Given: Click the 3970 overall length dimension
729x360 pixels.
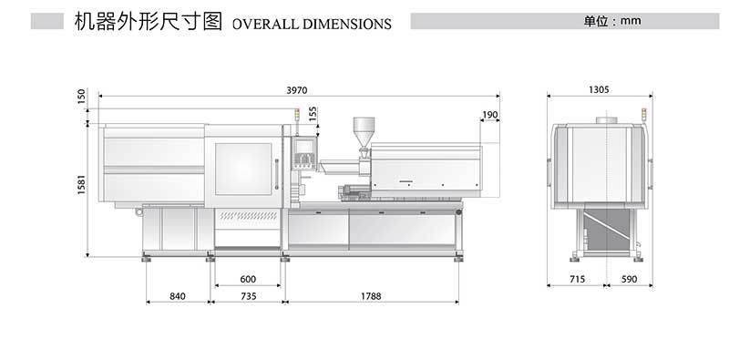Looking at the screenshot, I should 297,89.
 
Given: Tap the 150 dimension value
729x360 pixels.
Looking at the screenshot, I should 82,96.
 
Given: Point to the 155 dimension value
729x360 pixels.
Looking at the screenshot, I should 313,113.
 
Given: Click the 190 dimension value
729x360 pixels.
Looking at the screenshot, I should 490,115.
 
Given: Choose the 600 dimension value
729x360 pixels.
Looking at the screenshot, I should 248,279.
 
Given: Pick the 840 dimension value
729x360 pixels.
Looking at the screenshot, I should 178,296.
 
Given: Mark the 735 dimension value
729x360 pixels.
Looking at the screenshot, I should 248,296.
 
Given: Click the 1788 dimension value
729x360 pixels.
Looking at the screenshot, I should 370,296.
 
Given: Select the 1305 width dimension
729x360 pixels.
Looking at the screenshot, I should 599,89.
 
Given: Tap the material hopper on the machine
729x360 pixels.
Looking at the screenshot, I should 364,129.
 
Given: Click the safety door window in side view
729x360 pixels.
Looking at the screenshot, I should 243,169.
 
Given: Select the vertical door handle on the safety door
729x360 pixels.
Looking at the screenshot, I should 277,173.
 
